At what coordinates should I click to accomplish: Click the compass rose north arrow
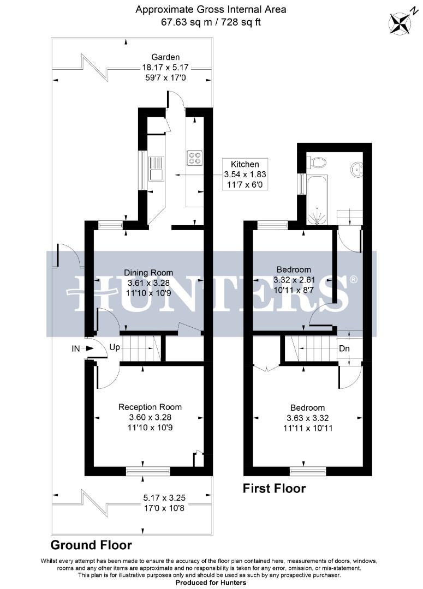402,22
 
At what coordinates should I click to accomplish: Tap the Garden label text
165,57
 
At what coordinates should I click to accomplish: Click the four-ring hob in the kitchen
194,158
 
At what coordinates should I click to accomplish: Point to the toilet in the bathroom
317,162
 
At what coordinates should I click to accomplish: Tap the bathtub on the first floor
316,200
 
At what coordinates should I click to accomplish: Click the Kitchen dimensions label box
245,175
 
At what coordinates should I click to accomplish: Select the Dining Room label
148,273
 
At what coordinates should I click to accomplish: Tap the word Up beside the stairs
115,347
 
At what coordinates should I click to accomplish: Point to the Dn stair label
344,347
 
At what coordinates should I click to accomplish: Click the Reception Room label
150,407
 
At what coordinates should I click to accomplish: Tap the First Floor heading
274,488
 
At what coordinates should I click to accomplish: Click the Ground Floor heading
91,545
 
